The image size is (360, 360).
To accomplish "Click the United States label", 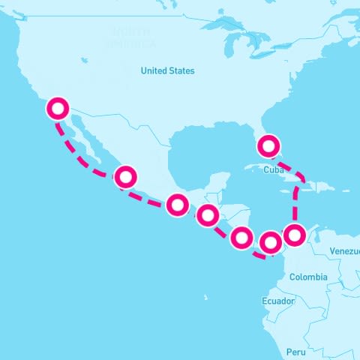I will [167, 70].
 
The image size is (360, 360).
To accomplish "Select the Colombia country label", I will [308, 277].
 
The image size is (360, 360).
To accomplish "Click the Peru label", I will [295, 351].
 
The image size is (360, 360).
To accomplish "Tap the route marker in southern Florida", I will [268, 144].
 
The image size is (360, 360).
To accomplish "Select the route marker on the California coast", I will [57, 109].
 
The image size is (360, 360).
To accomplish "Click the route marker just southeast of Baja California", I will [125, 177].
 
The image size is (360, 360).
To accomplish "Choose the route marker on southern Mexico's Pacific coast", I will [177, 204].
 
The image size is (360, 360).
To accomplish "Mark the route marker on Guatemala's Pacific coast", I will [208, 216].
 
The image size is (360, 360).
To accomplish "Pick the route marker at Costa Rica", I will [241, 238].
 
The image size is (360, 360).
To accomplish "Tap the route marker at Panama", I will [271, 242].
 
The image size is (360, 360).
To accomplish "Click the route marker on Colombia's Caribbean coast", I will [295, 234].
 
